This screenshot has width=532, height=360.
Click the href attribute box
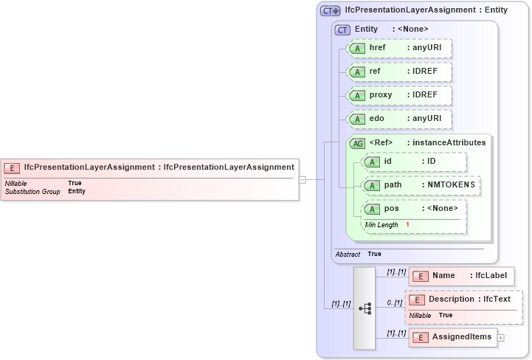(x=398, y=48)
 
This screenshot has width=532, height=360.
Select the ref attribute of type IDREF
(x=398, y=72)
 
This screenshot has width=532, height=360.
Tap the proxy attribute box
(x=398, y=95)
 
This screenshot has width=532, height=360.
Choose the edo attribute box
(x=398, y=119)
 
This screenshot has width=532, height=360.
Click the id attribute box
(x=413, y=162)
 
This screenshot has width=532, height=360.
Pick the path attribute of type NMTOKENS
(x=421, y=185)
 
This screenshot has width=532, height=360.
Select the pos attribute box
(x=413, y=209)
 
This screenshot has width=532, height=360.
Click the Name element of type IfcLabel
(x=461, y=276)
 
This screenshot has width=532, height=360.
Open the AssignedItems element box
(x=453, y=338)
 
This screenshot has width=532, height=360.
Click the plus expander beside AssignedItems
(x=501, y=338)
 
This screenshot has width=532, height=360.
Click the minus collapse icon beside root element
(x=303, y=179)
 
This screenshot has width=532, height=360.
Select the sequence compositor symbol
(x=365, y=308)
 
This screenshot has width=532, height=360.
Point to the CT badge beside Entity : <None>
(x=342, y=30)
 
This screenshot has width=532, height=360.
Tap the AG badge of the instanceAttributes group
(x=357, y=143)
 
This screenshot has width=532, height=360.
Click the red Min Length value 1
(x=407, y=224)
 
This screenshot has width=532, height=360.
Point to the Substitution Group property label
(x=32, y=192)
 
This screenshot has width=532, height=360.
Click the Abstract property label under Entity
(x=348, y=254)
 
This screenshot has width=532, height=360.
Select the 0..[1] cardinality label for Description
(x=394, y=302)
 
